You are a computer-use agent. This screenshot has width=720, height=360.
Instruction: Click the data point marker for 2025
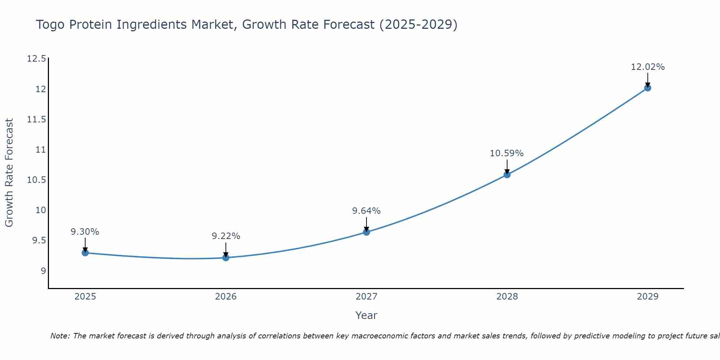pyautogui.click(x=85, y=253)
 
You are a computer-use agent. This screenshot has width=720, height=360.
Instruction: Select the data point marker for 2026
pyautogui.click(x=226, y=257)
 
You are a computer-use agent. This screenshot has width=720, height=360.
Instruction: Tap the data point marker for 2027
pyautogui.click(x=366, y=232)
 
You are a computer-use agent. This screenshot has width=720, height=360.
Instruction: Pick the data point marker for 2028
pyautogui.click(x=507, y=175)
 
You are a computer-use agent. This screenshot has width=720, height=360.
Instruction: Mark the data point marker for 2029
pyautogui.click(x=648, y=88)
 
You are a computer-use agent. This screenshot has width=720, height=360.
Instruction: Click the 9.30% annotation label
pyautogui.click(x=85, y=232)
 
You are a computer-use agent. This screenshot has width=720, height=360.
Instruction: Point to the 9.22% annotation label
pyautogui.click(x=226, y=236)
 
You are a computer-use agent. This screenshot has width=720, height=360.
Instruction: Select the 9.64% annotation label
pyautogui.click(x=366, y=211)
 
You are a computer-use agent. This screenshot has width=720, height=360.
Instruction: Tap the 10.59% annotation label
pyautogui.click(x=507, y=153)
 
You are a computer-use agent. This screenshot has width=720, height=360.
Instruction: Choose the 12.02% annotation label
pyautogui.click(x=648, y=67)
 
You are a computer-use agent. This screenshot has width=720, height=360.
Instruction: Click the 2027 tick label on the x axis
pyautogui.click(x=366, y=297)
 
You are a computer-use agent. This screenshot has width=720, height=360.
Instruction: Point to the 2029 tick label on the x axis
pyautogui.click(x=648, y=297)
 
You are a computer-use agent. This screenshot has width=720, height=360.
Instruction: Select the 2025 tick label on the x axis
pyautogui.click(x=85, y=297)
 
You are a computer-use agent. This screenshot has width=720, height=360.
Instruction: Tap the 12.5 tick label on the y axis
pyautogui.click(x=37, y=59)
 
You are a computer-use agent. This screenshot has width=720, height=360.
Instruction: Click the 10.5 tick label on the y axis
pyautogui.click(x=37, y=180)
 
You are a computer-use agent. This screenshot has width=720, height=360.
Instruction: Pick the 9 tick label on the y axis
pyautogui.click(x=43, y=271)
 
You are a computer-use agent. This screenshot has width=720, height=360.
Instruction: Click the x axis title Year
pyautogui.click(x=366, y=315)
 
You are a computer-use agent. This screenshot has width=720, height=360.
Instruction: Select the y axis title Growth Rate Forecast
pyautogui.click(x=9, y=173)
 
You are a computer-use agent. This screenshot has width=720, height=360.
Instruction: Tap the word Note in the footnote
pyautogui.click(x=60, y=336)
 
